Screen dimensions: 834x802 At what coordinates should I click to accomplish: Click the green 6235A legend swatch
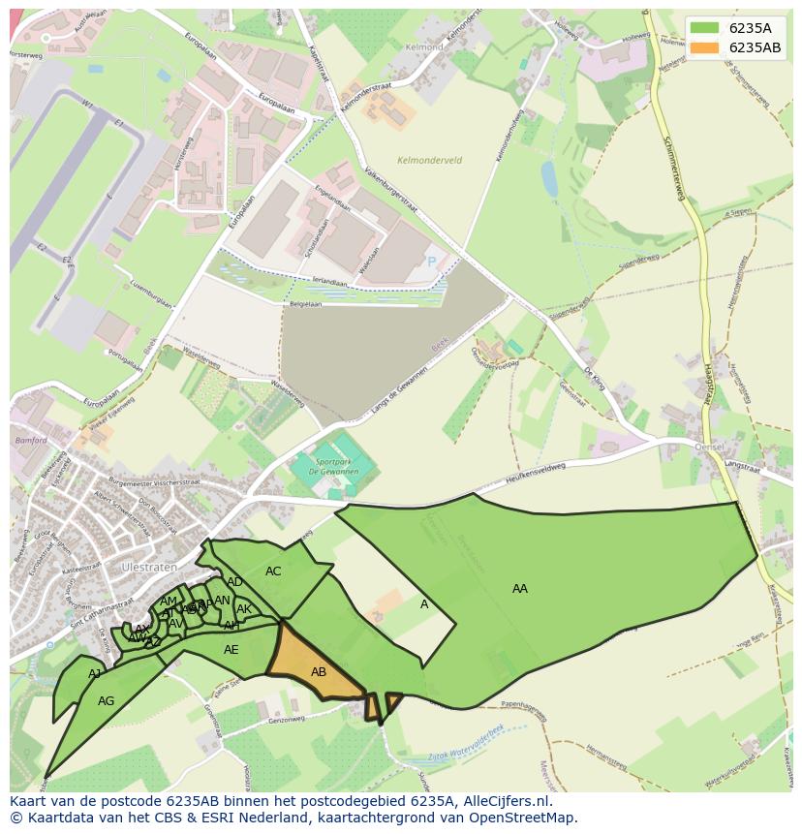pyautogui.click(x=704, y=27)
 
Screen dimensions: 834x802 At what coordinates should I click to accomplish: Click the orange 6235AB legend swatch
pyautogui.click(x=704, y=48)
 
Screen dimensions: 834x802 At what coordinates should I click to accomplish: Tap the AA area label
pyautogui.click(x=520, y=588)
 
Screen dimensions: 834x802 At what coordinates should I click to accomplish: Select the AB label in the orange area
pyautogui.click(x=319, y=671)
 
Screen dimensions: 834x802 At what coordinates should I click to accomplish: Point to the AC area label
pyautogui.click(x=273, y=571)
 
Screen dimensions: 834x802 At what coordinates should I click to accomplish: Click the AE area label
pyautogui.click(x=231, y=649)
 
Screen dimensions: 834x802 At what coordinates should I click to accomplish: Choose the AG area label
pyautogui.click(x=107, y=700)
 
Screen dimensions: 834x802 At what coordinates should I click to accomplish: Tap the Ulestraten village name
pyautogui.click(x=145, y=566)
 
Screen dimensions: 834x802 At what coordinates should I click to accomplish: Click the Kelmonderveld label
pyautogui.click(x=429, y=160)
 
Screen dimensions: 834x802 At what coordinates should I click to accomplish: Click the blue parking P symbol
pyautogui.click(x=432, y=262)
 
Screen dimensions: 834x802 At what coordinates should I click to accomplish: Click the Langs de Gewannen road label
pyautogui.click(x=398, y=394)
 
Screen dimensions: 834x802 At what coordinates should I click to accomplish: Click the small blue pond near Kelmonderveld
pyautogui.click(x=549, y=178)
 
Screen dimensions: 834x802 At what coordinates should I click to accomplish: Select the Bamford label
pyautogui.click(x=30, y=440)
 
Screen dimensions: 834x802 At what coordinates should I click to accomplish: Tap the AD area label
pyautogui.click(x=234, y=582)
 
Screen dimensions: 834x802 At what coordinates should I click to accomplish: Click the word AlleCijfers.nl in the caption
pyautogui.click(x=506, y=801)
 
